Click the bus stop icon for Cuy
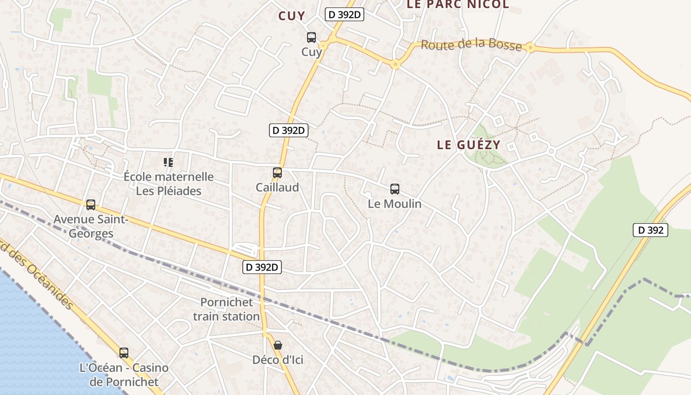point(311,37)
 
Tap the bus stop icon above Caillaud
point(277,173)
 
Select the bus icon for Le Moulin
point(395,189)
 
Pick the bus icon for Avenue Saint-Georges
point(91,205)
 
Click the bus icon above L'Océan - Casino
point(124,353)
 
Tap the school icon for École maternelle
point(168,162)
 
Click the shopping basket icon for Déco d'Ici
point(278,345)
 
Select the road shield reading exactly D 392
point(651,230)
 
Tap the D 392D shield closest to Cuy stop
point(345,15)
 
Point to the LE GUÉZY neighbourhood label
point(469,145)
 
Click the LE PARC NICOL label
point(458,5)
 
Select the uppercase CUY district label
point(292,16)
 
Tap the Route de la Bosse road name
point(471,45)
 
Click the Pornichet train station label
point(226,309)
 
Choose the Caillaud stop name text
point(277,188)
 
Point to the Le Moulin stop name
point(395,203)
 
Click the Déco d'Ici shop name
point(278,360)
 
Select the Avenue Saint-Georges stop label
point(91,226)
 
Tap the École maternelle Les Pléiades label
point(168,184)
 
